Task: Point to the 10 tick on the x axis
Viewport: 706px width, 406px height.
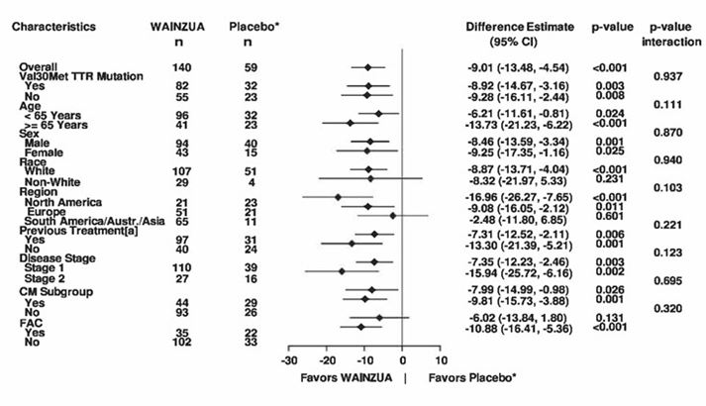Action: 441,360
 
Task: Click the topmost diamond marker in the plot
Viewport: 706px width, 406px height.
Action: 368,67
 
